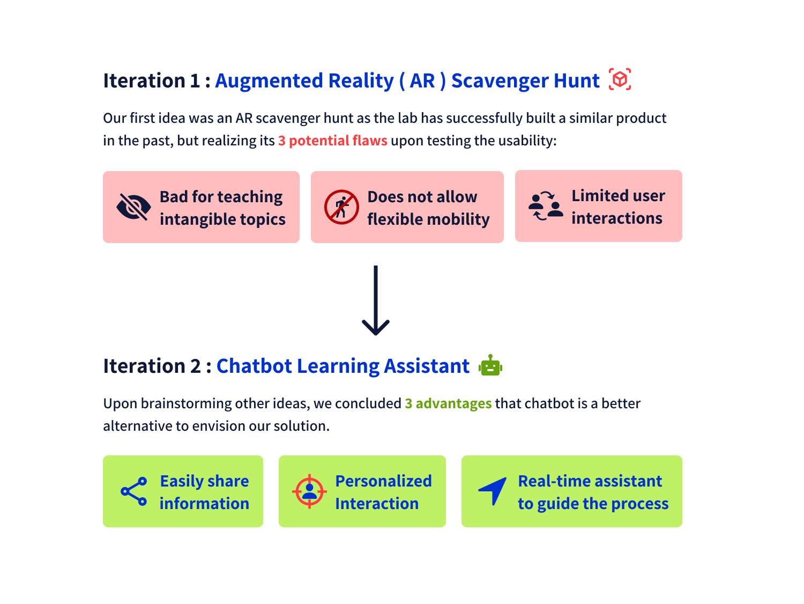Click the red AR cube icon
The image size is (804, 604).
(x=620, y=79)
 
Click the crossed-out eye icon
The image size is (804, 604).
(x=133, y=207)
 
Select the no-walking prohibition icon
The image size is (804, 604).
(x=341, y=207)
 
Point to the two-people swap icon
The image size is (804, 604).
(x=546, y=206)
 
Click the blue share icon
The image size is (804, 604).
(x=134, y=491)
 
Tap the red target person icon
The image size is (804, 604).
(x=309, y=491)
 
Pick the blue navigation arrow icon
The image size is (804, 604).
(x=493, y=490)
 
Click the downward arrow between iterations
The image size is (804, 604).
(x=376, y=300)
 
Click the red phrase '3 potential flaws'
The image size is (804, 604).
(x=332, y=141)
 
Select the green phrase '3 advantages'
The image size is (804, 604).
(x=448, y=403)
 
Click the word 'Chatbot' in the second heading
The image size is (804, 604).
(x=254, y=366)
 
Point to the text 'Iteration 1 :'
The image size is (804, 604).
(x=157, y=80)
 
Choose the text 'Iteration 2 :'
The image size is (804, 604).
(x=157, y=366)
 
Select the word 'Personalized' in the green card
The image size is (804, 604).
(x=383, y=481)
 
